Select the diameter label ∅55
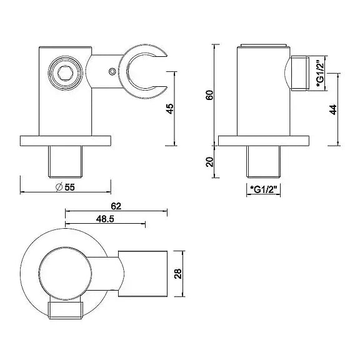(66, 186)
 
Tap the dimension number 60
(209, 94)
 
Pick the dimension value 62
(115, 206)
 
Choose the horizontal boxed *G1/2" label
(262, 188)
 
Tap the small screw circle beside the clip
(112, 72)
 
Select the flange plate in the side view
(263, 141)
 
